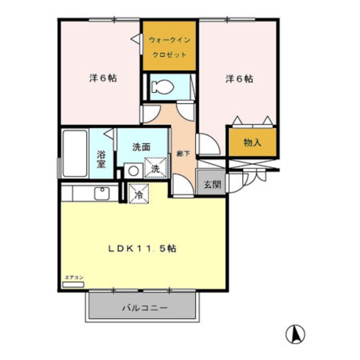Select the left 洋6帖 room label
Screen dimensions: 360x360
[103, 78]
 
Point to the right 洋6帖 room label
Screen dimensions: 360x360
[239, 79]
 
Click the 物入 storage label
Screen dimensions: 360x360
[252, 143]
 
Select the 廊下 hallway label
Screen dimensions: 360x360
[184, 154]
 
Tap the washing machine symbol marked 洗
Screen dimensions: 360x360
[154, 169]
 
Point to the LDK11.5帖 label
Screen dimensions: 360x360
[142, 248]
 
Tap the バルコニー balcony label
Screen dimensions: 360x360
[145, 308]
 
